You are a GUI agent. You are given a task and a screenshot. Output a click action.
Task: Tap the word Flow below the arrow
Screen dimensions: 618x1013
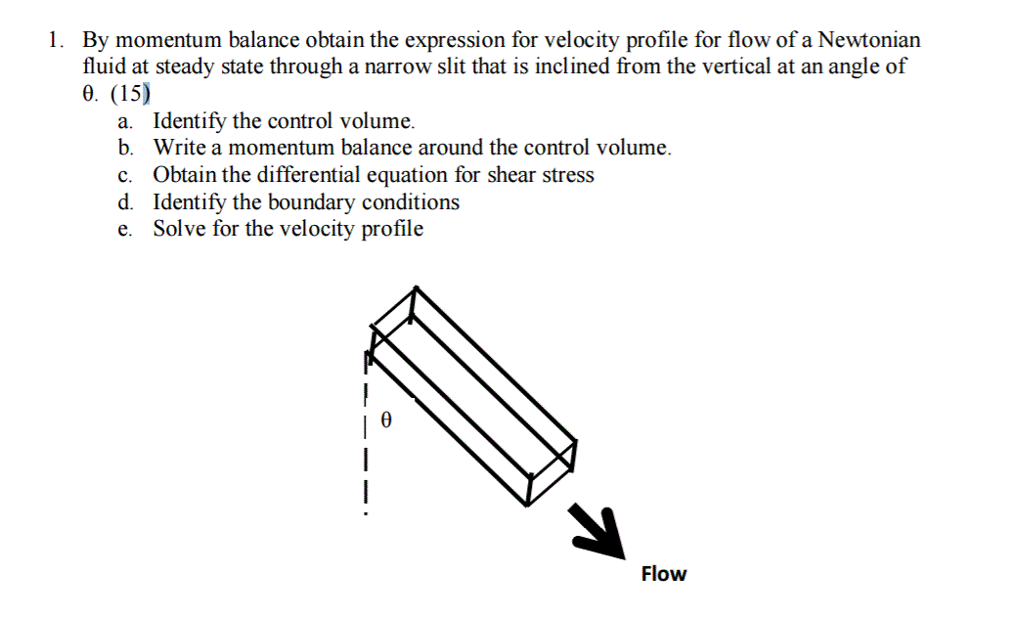(664, 574)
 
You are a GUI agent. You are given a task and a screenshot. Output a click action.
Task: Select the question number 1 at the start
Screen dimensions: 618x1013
(56, 41)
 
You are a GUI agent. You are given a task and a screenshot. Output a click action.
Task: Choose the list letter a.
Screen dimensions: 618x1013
(124, 122)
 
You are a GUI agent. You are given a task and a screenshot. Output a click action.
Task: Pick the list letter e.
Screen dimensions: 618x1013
(124, 229)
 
